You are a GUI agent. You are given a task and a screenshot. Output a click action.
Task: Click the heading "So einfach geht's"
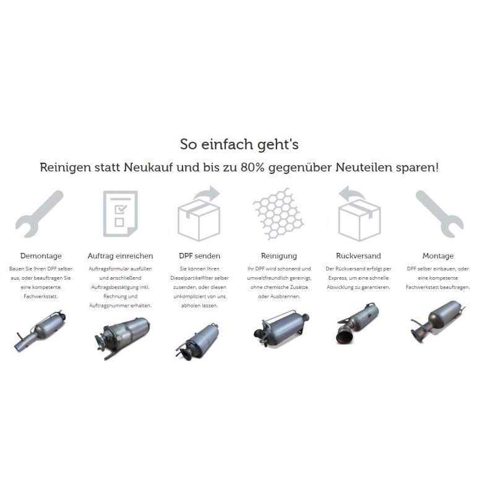click(239, 145)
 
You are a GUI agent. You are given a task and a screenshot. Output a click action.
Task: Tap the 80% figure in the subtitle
click(252, 167)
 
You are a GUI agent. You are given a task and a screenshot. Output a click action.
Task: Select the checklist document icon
click(120, 213)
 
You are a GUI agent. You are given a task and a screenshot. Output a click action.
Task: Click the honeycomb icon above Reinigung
click(278, 213)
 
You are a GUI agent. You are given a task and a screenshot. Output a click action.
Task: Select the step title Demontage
click(41, 256)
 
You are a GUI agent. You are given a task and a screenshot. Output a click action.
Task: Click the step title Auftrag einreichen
click(120, 256)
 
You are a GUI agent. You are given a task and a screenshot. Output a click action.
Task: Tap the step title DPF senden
click(199, 256)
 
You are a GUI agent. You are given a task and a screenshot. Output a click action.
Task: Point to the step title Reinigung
click(279, 256)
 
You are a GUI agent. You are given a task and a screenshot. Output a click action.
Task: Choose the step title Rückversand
click(358, 256)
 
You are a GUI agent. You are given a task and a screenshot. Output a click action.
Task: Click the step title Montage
click(438, 256)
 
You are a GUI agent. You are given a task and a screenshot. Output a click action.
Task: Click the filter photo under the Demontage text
click(41, 330)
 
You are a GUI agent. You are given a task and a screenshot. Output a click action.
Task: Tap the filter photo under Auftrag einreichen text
click(122, 337)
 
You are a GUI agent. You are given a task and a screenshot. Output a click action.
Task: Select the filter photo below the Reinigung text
click(282, 329)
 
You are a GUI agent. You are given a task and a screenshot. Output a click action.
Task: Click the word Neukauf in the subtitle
click(148, 167)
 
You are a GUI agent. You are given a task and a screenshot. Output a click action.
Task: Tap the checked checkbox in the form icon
click(121, 209)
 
